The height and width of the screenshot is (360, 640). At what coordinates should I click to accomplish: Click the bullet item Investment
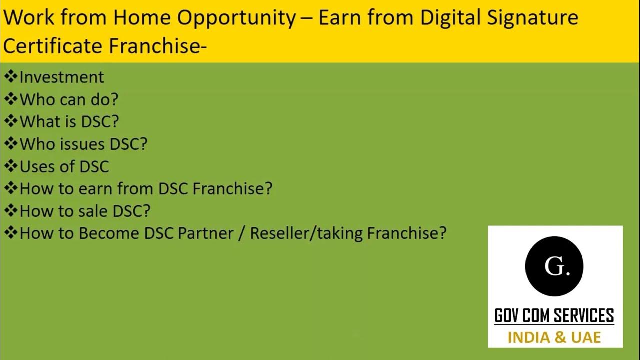61,77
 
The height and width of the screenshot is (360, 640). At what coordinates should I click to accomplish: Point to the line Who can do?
68,99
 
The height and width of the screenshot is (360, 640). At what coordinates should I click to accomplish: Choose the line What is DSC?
69,122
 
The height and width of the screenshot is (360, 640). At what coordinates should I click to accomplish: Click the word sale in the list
94,211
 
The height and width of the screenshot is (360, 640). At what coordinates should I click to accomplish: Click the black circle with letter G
554,266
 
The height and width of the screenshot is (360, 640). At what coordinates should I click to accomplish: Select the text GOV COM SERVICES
554,316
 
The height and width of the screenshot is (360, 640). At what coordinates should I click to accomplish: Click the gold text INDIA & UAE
554,337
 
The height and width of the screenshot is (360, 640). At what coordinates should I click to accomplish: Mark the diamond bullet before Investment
11,77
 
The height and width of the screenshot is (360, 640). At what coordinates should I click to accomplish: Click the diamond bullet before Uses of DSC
11,166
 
